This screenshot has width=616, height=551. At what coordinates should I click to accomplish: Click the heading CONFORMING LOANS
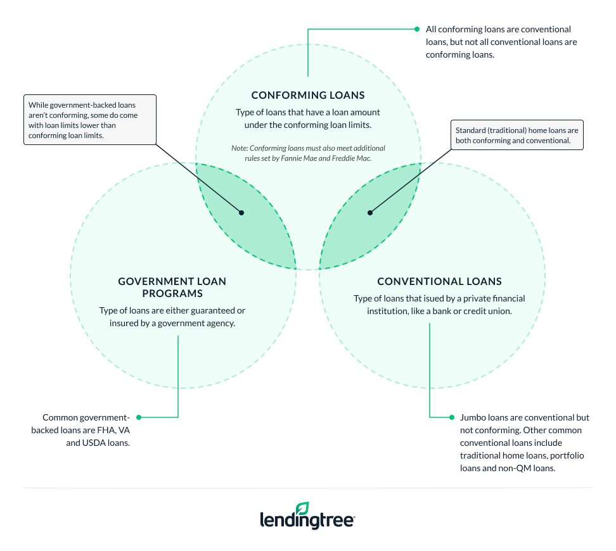pos(308,96)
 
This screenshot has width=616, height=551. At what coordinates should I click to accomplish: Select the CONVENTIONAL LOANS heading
pos(439,281)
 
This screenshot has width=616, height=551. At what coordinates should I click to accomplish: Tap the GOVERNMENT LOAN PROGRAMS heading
pos(172,287)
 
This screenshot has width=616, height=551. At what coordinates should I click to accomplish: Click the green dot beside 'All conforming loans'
pos(416,29)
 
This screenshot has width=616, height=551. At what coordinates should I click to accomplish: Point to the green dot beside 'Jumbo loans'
pos(452,417)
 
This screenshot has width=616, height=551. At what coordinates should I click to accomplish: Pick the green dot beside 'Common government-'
pos(139,417)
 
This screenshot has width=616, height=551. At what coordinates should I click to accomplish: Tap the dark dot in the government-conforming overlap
pos(241,213)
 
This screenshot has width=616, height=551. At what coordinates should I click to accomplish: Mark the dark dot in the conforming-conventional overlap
pos(370,213)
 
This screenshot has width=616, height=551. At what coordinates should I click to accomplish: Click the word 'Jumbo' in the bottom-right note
pos(474,418)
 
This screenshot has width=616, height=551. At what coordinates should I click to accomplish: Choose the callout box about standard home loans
pos(517,136)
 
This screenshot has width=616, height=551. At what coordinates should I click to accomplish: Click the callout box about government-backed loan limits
pos(90,119)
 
